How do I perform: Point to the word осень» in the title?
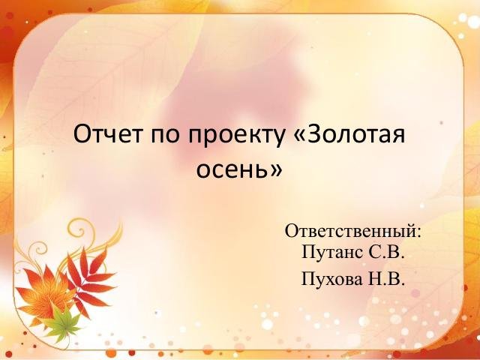point(239,170)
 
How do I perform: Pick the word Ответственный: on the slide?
point(353,230)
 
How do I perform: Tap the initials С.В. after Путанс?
point(386,252)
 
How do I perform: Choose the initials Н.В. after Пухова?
point(387,280)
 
